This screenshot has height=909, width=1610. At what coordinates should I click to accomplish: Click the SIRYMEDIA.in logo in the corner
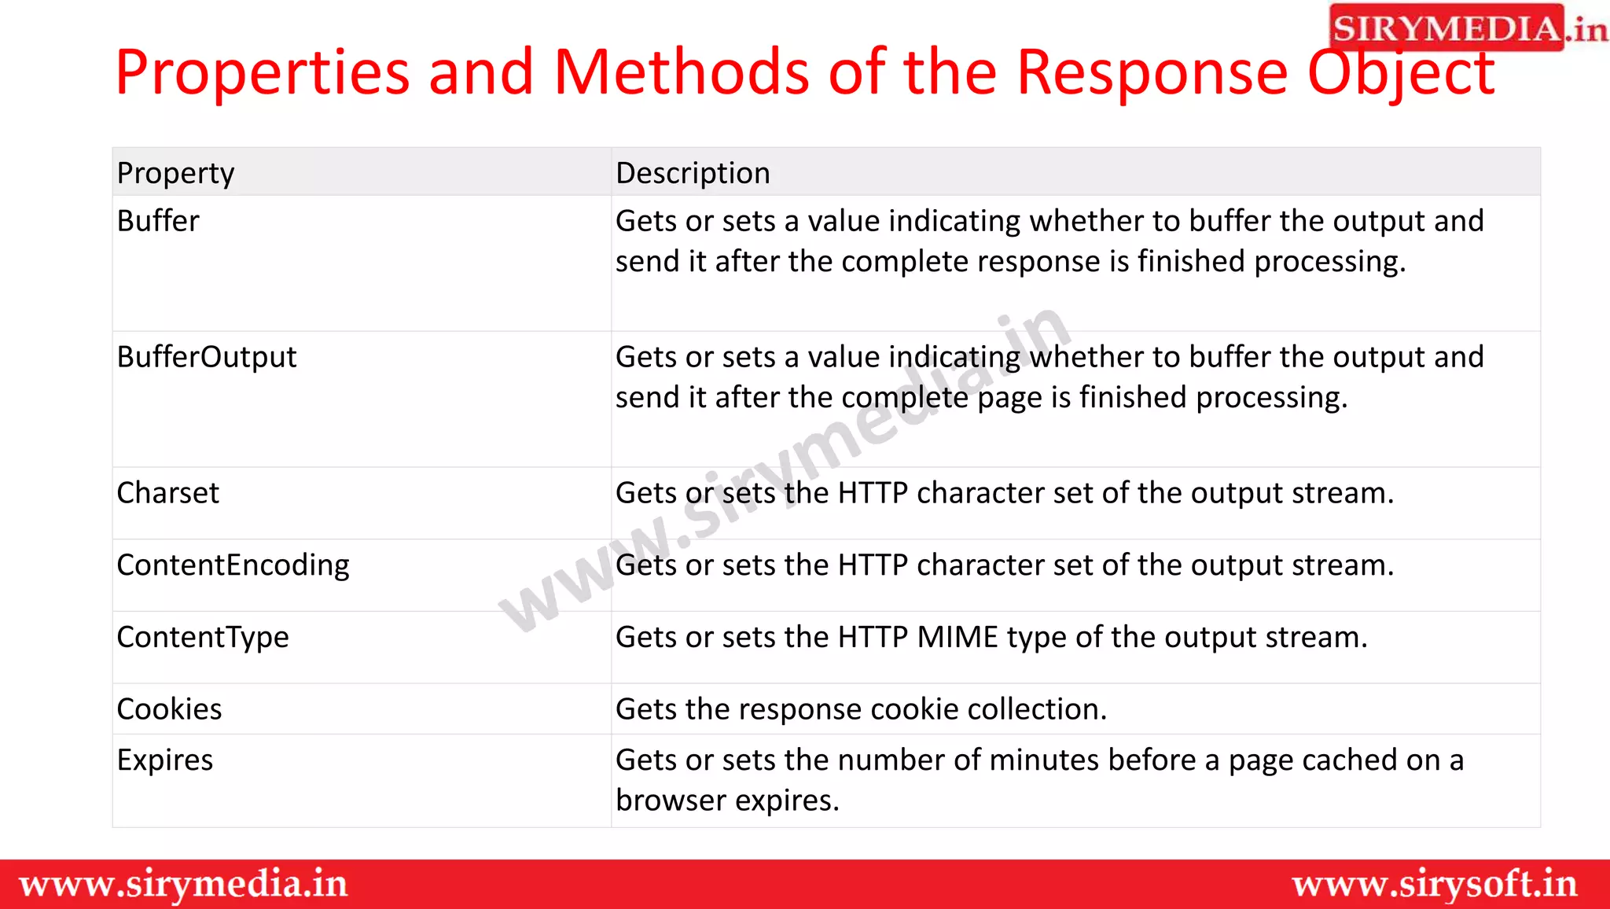(x=1467, y=28)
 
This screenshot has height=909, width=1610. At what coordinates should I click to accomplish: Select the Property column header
(x=175, y=173)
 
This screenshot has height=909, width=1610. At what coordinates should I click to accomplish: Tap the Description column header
(x=693, y=173)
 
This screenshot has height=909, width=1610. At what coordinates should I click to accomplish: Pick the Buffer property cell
(x=158, y=221)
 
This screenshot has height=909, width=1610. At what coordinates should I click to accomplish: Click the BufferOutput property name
(x=207, y=357)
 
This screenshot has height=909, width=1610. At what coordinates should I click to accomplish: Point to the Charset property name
(x=168, y=493)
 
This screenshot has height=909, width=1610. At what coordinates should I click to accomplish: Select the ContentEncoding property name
(x=233, y=565)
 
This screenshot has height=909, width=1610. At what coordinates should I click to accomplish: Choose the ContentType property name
(x=203, y=637)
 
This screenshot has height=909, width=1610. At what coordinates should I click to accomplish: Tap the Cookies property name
(x=169, y=709)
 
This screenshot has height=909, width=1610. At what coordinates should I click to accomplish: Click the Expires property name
(x=165, y=760)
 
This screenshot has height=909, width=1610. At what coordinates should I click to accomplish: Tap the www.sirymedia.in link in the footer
(x=183, y=885)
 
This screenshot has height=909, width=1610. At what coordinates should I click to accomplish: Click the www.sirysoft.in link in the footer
(x=1435, y=885)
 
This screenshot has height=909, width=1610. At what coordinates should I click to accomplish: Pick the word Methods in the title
(x=681, y=72)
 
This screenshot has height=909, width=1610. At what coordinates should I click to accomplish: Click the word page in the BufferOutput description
(x=1009, y=398)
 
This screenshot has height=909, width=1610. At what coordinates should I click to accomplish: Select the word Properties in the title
(x=263, y=72)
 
